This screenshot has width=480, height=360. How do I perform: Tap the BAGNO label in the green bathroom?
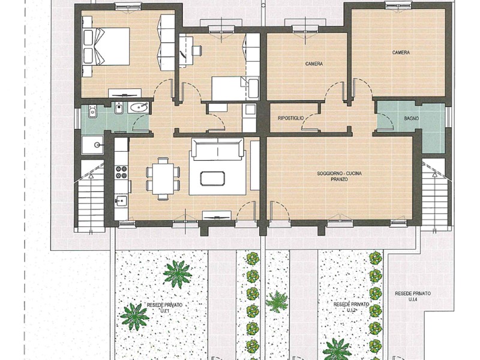coord(411,119)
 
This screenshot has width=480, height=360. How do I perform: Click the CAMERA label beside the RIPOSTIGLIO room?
coord(314,64)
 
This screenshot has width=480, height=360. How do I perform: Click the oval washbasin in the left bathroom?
coord(139,108)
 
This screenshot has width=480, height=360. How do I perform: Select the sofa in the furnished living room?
coord(217,149)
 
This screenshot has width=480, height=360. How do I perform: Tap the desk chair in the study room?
coord(196,51)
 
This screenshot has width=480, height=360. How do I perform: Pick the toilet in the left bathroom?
coord(118,110)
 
